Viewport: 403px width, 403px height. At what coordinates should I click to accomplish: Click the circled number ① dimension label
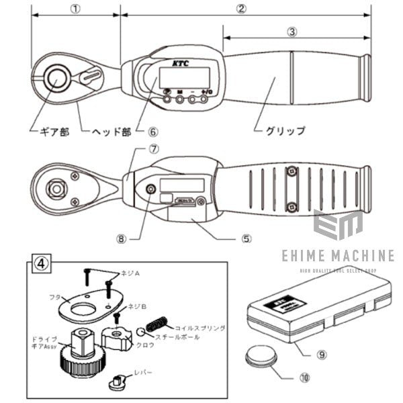[x=75, y=9]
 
